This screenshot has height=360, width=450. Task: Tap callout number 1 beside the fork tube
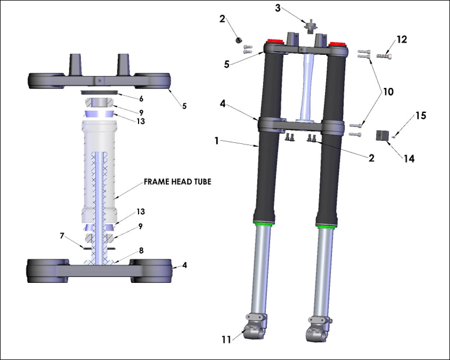216,141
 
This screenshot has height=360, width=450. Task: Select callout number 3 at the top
278,8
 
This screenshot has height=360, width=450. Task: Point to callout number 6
141,99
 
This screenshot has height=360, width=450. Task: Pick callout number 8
141,251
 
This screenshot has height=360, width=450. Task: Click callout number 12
402,40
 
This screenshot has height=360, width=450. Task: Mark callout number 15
421,115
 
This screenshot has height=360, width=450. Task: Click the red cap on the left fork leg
273,43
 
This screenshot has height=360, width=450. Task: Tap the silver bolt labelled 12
384,55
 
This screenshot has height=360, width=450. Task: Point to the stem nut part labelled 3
311,26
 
